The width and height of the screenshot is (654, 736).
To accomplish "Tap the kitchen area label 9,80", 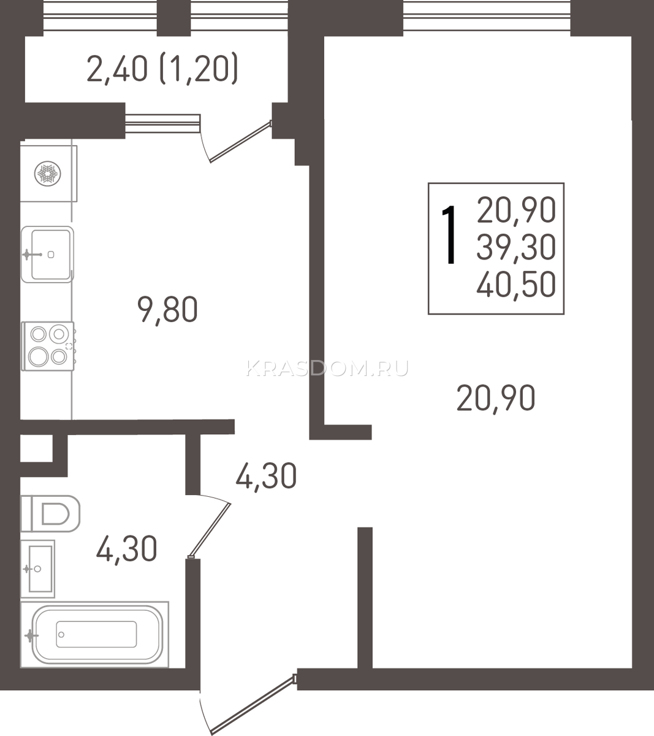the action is [167, 310].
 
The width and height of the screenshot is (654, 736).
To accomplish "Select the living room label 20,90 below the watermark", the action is [496, 398].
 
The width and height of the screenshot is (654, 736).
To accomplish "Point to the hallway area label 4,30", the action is [266, 476].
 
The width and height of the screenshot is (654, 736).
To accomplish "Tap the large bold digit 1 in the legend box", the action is [449, 234].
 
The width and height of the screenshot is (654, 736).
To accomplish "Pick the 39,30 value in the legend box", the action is [516, 247].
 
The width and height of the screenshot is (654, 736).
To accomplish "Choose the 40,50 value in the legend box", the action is [516, 284].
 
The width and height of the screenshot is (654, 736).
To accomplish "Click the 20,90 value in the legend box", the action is [516, 210].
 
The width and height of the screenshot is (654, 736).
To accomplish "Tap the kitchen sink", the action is [47, 255].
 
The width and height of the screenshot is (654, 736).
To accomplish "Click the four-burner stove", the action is [48, 346].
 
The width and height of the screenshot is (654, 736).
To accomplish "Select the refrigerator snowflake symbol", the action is [48, 174].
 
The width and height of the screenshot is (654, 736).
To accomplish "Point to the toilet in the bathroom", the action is [50, 514].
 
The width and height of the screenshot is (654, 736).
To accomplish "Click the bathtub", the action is [94, 635].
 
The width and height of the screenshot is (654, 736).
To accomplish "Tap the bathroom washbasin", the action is [37, 569].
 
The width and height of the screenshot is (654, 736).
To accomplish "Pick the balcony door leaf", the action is [240, 142].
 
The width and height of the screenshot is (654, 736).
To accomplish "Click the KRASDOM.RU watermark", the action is [327, 369].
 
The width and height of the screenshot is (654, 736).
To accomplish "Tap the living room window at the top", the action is [487, 15].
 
